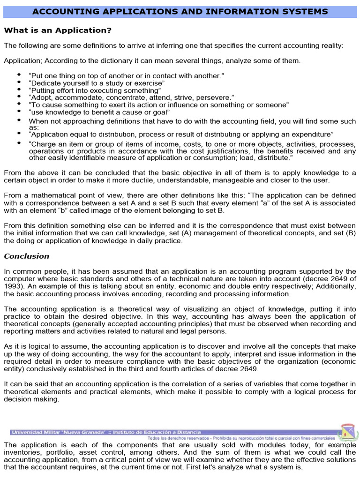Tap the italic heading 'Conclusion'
click(x=26, y=256)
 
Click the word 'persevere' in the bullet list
click(x=217, y=97)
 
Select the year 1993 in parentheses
click(x=11, y=286)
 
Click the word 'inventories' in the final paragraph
click(x=21, y=452)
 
